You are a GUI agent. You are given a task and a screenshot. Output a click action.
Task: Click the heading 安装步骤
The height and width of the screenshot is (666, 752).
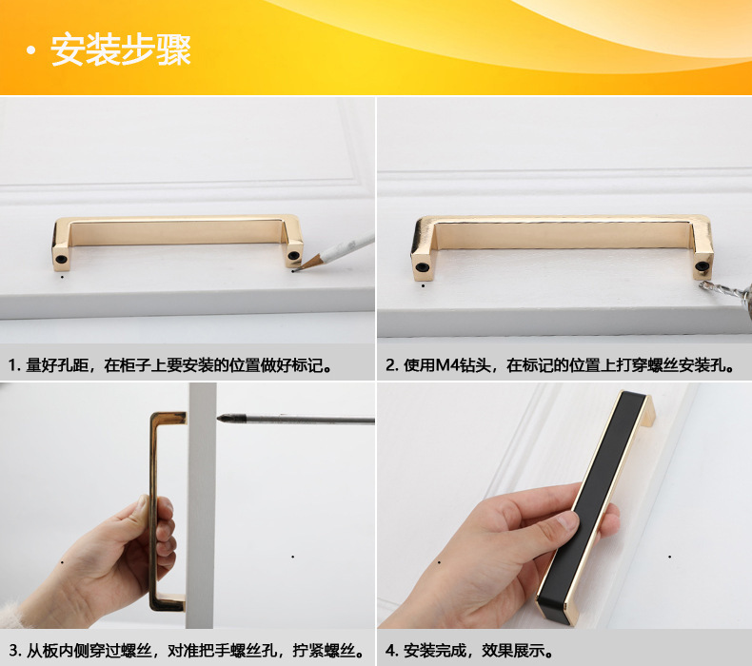[x=121, y=50]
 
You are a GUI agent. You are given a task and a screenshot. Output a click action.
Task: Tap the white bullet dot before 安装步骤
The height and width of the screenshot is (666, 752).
[x=30, y=52]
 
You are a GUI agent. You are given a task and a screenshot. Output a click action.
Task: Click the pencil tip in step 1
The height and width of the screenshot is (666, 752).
[x=295, y=268]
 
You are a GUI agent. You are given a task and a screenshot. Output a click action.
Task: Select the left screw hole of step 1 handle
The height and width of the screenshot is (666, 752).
[x=61, y=258]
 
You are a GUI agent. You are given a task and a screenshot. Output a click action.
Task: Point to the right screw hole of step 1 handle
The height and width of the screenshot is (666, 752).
[x=294, y=254]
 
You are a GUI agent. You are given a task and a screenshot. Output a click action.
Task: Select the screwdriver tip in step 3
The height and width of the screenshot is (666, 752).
[x=223, y=417]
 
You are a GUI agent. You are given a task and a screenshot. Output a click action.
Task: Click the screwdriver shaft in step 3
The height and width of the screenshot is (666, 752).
[x=305, y=419]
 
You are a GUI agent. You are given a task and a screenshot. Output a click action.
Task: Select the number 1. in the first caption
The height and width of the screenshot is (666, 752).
[x=14, y=365]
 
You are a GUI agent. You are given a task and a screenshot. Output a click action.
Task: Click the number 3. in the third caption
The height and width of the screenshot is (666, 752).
[x=14, y=652]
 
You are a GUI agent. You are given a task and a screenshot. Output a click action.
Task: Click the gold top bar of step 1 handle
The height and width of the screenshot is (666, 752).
[x=176, y=221]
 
